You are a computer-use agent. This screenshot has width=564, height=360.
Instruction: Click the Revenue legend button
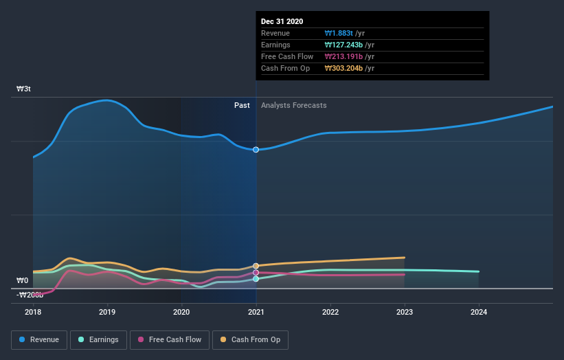click(x=40, y=339)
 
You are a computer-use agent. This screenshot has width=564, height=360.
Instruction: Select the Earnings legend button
click(x=98, y=339)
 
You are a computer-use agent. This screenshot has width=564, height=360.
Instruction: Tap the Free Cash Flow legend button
click(x=168, y=339)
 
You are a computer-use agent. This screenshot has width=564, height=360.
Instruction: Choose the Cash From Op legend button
click(x=250, y=339)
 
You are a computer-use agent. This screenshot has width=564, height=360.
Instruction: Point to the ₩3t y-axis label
click(x=23, y=89)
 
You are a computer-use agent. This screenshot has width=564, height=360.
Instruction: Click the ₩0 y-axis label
click(x=23, y=280)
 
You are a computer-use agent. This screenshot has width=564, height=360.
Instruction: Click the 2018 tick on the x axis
click(x=33, y=312)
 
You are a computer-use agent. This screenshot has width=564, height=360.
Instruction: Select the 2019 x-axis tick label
click(x=107, y=312)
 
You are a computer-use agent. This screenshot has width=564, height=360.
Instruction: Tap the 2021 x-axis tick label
click(x=256, y=312)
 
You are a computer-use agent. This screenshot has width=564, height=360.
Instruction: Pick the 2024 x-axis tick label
click(x=479, y=312)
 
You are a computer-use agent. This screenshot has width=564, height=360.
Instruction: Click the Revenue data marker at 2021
click(x=256, y=149)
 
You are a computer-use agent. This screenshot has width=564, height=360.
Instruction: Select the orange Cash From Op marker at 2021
click(x=256, y=266)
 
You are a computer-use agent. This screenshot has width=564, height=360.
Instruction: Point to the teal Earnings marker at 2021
click(x=256, y=279)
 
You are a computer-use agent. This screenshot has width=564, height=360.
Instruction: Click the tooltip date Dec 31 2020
click(x=282, y=21)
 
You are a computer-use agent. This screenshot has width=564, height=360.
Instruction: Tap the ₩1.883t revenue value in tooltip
click(x=339, y=33)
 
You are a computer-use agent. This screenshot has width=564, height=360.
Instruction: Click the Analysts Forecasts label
click(x=293, y=105)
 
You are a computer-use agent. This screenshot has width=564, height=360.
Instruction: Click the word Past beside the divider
click(x=242, y=105)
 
